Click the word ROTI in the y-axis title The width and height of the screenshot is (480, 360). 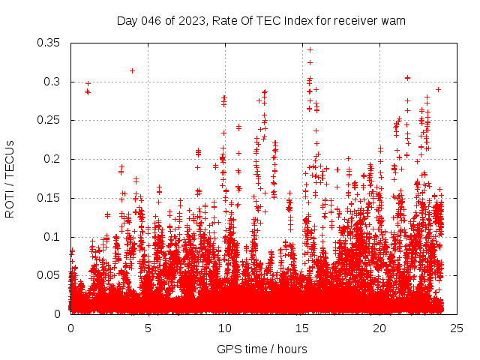tap(10, 203)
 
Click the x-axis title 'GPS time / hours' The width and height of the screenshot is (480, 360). tap(262, 349)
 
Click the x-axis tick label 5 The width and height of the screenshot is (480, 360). tap(148, 328)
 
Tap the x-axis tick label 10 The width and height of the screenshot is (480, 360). tap(225, 328)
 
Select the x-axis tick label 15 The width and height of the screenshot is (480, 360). tap(302, 328)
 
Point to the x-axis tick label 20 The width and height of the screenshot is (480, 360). tap(379, 328)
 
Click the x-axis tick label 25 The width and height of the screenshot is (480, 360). tap(457, 328)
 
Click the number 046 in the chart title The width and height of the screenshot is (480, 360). tap(152, 20)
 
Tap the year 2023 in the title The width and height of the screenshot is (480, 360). tap(193, 20)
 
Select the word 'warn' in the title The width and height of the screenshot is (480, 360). tap(392, 20)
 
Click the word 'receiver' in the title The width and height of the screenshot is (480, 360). tap(353, 20)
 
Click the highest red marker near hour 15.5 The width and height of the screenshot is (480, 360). tap(310, 50)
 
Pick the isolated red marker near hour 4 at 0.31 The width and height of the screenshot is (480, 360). tap(132, 70)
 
